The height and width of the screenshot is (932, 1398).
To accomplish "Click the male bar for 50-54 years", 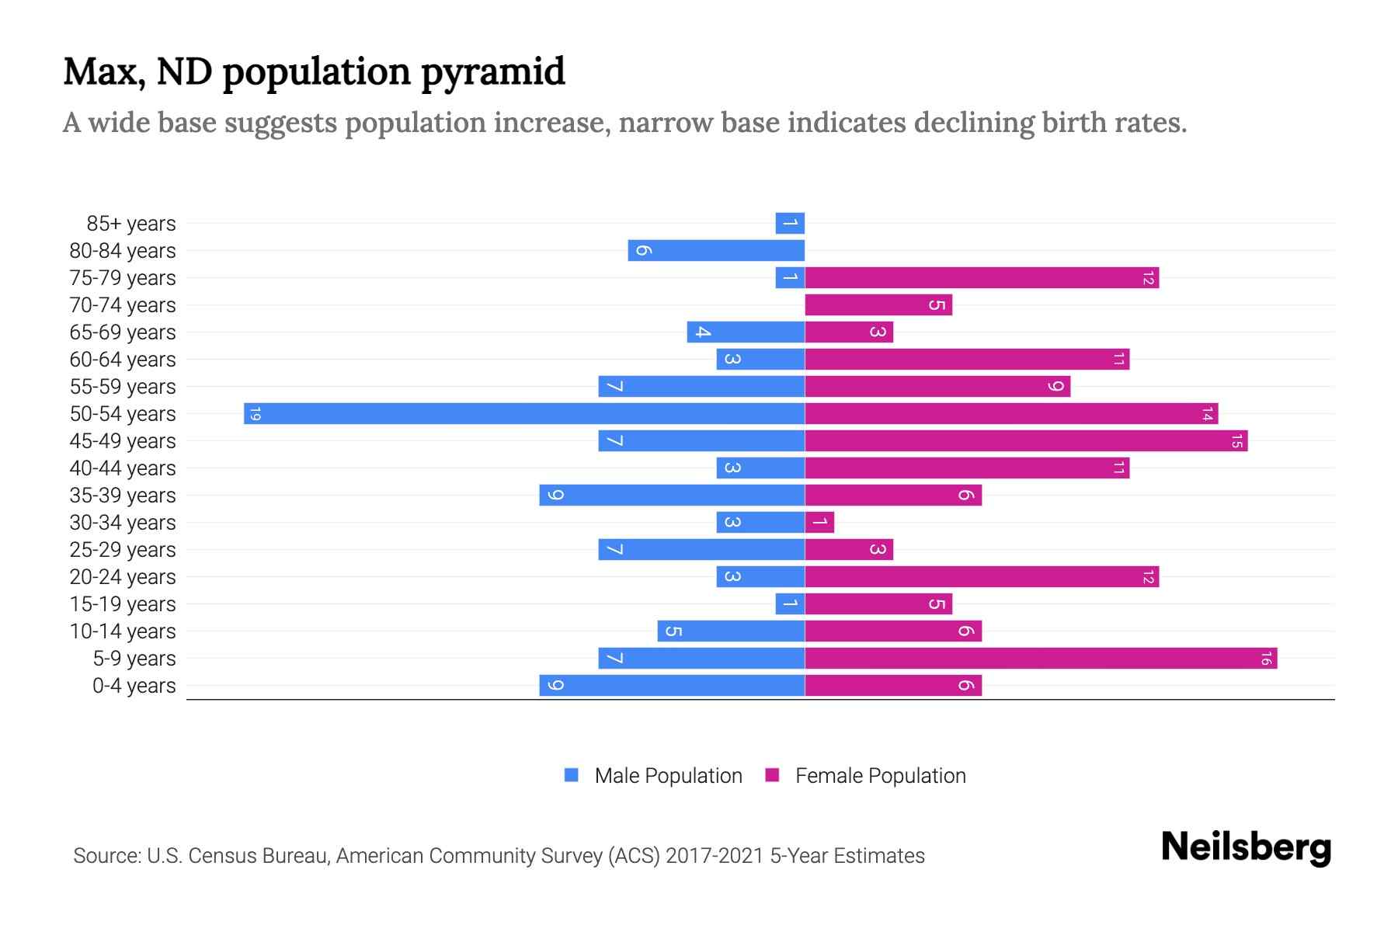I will coord(524,413).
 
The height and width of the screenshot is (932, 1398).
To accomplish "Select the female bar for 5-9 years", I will coord(1041,658).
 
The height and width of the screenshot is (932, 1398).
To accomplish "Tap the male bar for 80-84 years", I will coord(716,250).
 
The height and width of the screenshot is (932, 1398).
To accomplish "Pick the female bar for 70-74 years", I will coord(878,304).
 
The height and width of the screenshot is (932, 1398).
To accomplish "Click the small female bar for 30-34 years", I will coord(819,522).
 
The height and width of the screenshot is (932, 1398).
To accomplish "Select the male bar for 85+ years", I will coord(790,223).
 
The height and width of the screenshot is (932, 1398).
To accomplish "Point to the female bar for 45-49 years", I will coord(1026,440).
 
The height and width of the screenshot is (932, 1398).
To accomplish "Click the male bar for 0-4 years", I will coord(672,685).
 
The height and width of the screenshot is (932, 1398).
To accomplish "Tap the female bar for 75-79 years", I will coord(982,277).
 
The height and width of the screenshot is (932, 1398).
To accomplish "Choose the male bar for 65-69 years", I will coord(746,332).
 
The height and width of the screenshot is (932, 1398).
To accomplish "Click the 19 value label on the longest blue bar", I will coord(255,413).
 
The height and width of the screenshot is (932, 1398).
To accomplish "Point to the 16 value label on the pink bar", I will coord(1266,659).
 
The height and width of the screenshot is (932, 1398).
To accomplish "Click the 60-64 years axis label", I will coord(123,360).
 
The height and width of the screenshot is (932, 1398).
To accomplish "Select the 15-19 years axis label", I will coord(123,604).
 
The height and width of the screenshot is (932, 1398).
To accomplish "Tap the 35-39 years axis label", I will coord(123,496).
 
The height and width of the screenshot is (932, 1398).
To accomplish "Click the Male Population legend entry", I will coord(667,776).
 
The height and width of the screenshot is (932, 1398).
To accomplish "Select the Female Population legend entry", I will coord(880,776).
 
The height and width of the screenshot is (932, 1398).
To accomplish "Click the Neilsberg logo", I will coord(1246,847).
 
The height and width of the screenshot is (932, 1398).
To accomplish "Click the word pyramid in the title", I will coord(493,72).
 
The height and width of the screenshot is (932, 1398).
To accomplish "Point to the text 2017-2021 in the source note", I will coord(715,856).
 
